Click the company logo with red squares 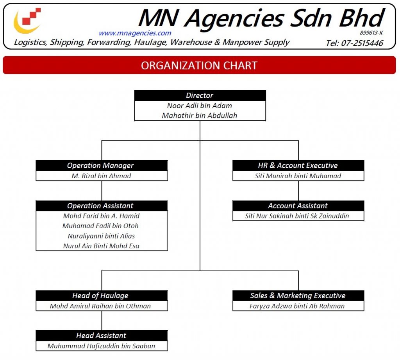click(x=28, y=21)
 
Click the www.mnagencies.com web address click(x=135, y=33)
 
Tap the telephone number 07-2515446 click(x=354, y=43)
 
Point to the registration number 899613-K click(x=371, y=33)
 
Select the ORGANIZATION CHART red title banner click(x=199, y=65)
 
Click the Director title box click(x=200, y=95)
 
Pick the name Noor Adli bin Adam click(x=200, y=106)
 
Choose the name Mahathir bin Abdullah click(x=200, y=115)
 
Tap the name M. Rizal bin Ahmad click(x=101, y=176)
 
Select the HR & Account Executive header click(x=298, y=166)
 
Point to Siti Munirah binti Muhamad click(x=298, y=176)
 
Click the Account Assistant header click(x=298, y=206)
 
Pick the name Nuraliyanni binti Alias click(x=101, y=236)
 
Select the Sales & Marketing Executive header click(x=298, y=296)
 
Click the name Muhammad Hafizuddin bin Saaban click(x=101, y=346)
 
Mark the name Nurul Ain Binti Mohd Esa click(x=101, y=246)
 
